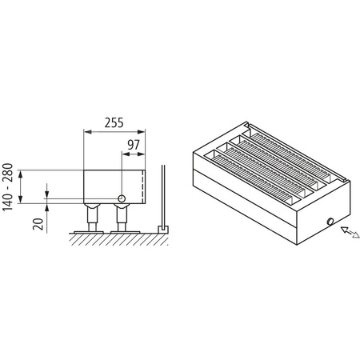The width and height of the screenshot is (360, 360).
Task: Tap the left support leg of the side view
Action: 92,217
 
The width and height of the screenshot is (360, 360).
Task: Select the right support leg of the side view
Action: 122,217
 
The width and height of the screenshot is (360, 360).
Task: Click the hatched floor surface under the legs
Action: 120,238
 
